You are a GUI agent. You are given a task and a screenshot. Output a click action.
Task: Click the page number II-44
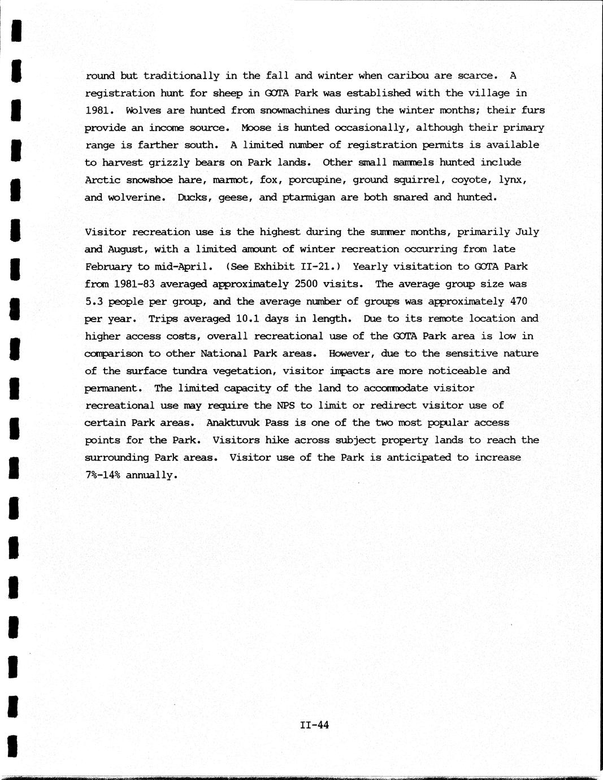pos(315,725)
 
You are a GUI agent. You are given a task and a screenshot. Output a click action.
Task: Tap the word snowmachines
pos(294,110)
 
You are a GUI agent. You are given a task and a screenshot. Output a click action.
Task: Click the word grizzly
pos(169,162)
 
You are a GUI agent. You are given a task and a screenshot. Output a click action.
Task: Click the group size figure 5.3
pos(94,301)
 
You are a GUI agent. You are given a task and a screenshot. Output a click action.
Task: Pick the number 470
pos(518,301)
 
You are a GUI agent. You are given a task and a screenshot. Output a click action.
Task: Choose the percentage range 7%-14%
pos(102,475)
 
